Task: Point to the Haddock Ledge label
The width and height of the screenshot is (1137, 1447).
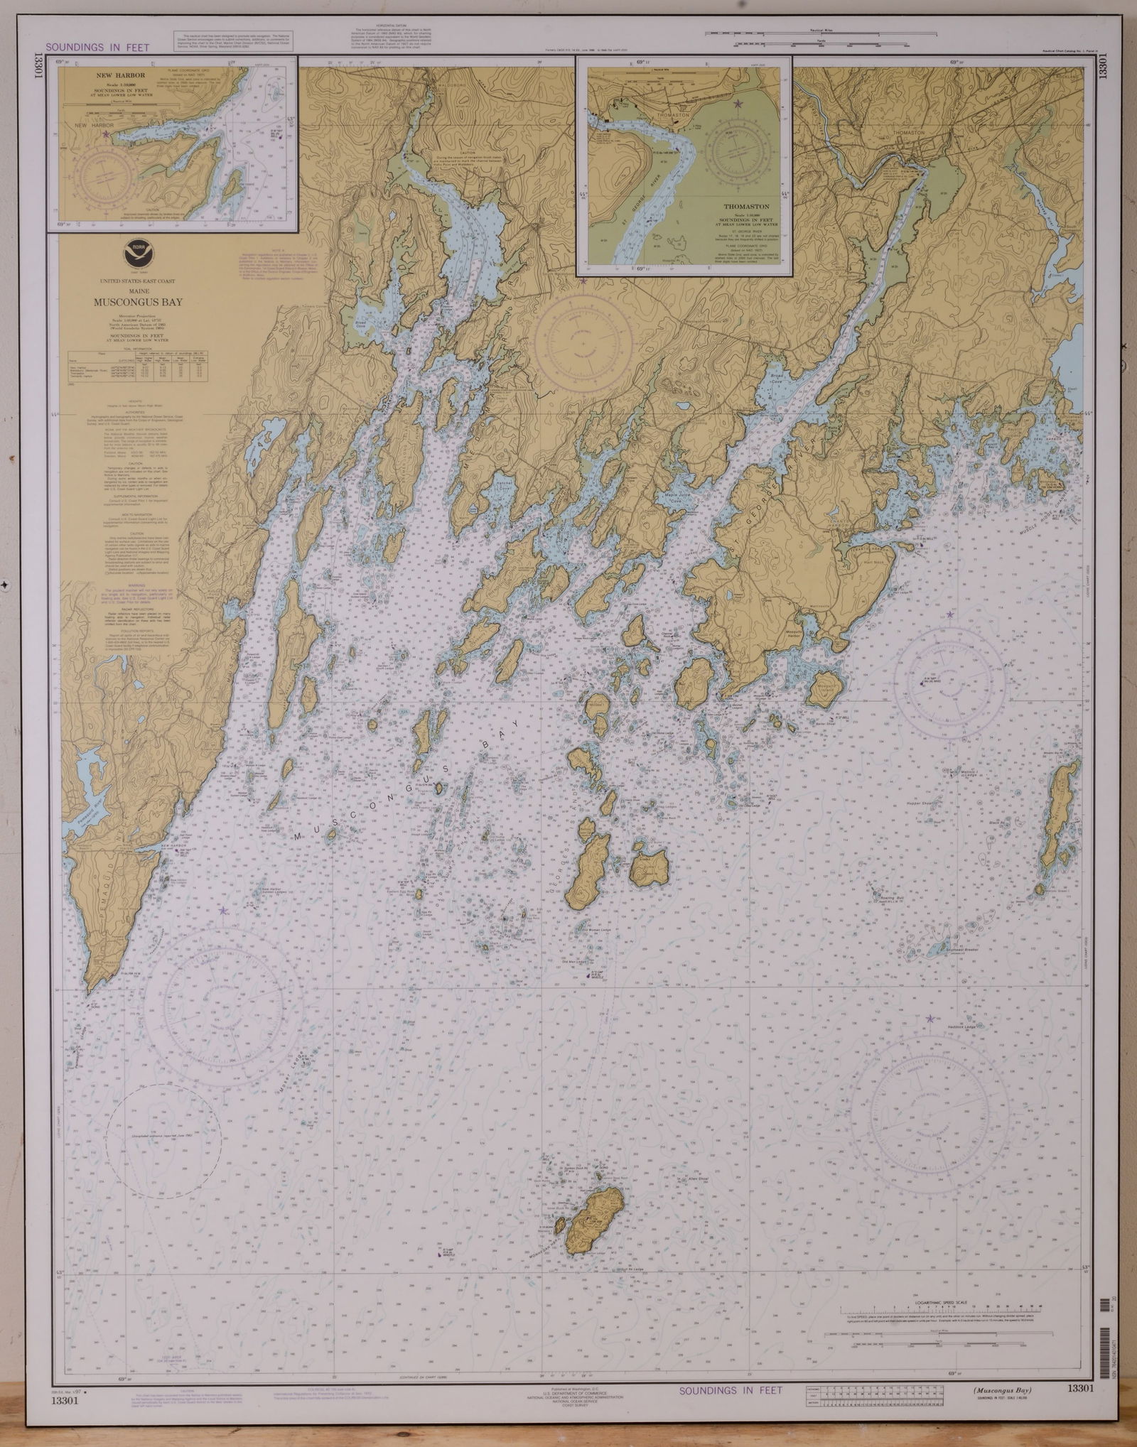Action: coord(946,1034)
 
